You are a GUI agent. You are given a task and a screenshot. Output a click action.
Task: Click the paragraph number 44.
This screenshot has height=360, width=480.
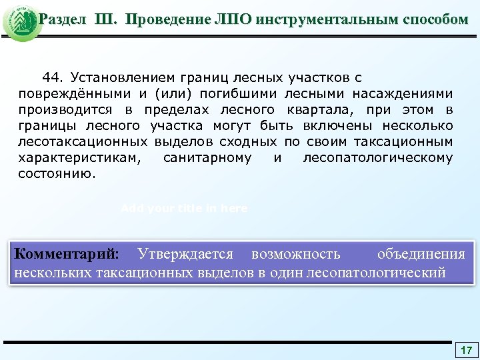(53, 78)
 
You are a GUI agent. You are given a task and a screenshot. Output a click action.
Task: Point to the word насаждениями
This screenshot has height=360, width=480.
(405, 94)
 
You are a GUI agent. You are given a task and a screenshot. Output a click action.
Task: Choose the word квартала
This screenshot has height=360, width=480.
(319, 110)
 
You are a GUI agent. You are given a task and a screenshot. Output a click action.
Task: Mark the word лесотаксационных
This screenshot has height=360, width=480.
(83, 142)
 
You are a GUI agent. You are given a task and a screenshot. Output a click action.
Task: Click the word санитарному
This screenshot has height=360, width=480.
(207, 158)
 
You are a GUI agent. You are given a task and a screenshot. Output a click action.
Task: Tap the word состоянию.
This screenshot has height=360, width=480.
(57, 174)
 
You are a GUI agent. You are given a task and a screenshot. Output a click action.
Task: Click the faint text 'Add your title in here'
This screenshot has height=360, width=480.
(184, 209)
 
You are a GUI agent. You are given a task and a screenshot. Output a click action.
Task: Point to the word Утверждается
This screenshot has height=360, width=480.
(185, 254)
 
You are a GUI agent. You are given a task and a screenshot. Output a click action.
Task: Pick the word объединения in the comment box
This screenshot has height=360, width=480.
(421, 254)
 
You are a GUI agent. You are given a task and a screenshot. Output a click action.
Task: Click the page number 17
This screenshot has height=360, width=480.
(466, 350)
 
